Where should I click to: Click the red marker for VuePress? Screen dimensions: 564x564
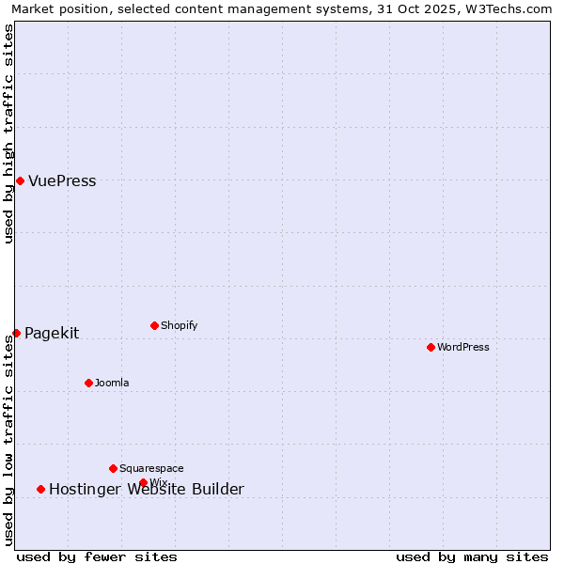coord(20,180)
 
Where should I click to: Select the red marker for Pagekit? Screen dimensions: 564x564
coord(16,333)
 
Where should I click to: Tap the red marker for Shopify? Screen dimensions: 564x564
coord(154,325)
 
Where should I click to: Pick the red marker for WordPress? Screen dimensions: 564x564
coord(431,347)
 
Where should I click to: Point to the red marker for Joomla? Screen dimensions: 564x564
coord(88,383)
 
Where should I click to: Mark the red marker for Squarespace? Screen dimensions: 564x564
coord(113,468)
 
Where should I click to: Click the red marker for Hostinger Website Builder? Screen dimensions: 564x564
coord(40,489)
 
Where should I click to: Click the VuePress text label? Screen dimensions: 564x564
coord(62,181)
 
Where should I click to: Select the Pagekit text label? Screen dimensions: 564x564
coord(52,333)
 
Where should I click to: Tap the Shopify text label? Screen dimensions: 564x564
coord(179,325)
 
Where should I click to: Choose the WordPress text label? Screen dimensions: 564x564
coord(462,347)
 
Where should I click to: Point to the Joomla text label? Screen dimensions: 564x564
coord(112,383)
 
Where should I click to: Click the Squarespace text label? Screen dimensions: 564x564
coord(151,468)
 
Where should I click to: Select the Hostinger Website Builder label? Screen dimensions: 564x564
coord(146,489)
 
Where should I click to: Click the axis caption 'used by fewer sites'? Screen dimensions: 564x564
coord(97,556)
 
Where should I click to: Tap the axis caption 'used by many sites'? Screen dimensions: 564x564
coord(472,556)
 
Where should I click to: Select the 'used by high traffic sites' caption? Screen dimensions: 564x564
coord(8,133)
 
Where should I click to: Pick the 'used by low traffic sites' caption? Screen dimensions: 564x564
coord(8,440)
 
